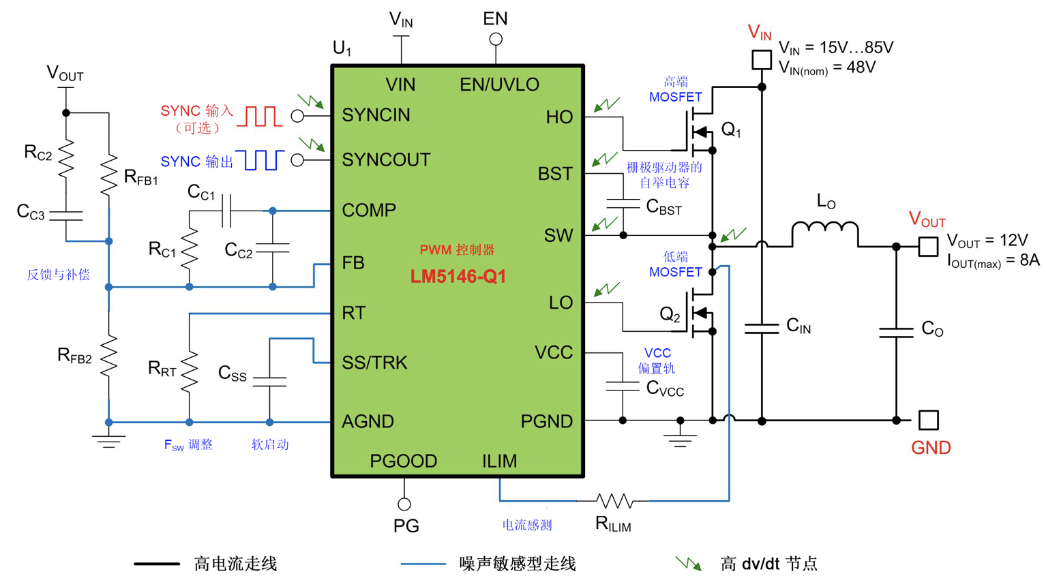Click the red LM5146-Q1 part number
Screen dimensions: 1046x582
pyautogui.click(x=458, y=276)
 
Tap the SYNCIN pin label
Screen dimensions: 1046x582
pyautogui.click(x=376, y=114)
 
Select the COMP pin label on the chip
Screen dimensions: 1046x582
pyautogui.click(x=369, y=210)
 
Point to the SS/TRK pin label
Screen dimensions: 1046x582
pyautogui.click(x=374, y=362)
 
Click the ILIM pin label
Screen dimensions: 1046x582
pyautogui.click(x=499, y=461)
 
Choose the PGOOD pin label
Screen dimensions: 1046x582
pyautogui.click(x=404, y=461)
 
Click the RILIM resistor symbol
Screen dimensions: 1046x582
pyautogui.click(x=614, y=501)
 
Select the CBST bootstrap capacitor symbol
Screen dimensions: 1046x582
pyautogui.click(x=623, y=204)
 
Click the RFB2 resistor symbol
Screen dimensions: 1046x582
pyautogui.click(x=109, y=356)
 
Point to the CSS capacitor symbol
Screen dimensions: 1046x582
pyautogui.click(x=269, y=382)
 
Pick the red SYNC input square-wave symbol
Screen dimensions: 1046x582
pyautogui.click(x=260, y=117)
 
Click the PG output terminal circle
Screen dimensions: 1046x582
pyautogui.click(x=404, y=504)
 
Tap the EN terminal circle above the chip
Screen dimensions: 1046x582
pyautogui.click(x=496, y=40)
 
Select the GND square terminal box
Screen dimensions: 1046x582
pyautogui.click(x=928, y=420)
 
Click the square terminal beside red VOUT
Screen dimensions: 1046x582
pyautogui.click(x=928, y=247)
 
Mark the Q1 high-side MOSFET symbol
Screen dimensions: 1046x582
pyautogui.click(x=700, y=132)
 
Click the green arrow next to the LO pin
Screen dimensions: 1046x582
pyautogui.click(x=607, y=290)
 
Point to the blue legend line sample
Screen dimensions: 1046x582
pyautogui.click(x=423, y=564)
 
